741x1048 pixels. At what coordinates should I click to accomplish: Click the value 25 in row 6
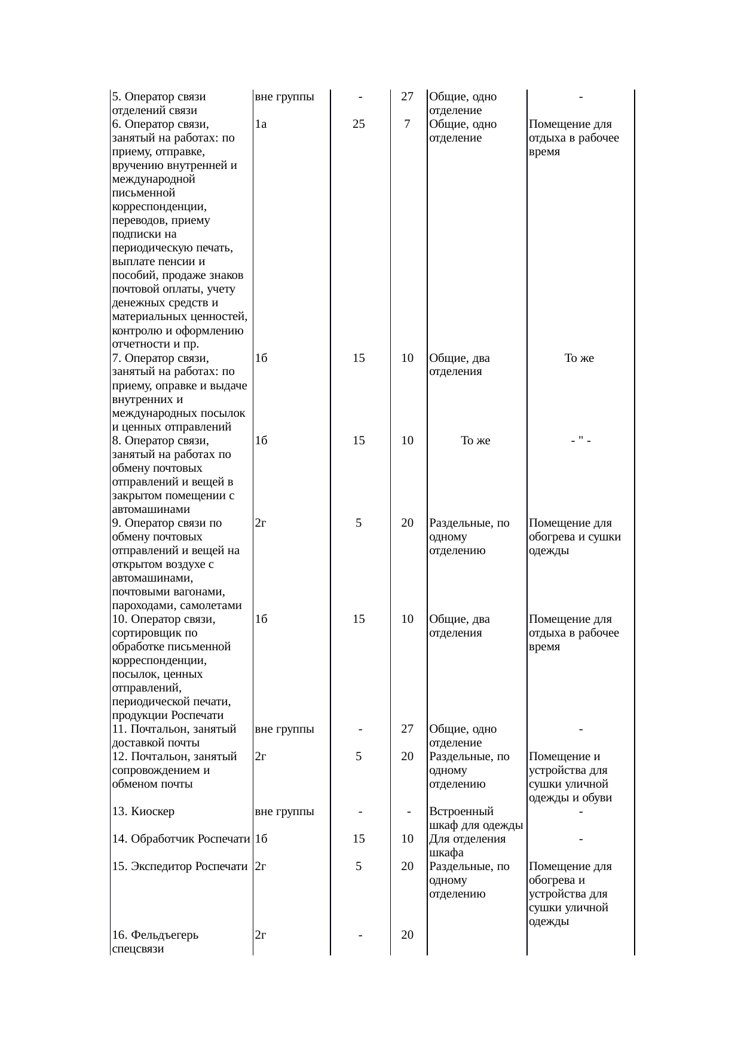click(x=359, y=124)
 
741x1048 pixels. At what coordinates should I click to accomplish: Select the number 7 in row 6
click(x=407, y=124)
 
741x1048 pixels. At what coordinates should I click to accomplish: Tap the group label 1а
click(x=260, y=124)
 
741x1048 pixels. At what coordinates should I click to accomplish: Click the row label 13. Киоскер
click(x=143, y=812)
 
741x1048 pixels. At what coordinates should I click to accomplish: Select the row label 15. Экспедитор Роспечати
click(x=179, y=866)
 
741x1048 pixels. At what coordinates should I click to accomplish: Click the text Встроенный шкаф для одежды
click(x=476, y=819)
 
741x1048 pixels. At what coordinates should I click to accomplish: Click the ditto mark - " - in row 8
click(x=581, y=441)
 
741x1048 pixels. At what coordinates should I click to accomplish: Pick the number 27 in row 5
click(x=407, y=97)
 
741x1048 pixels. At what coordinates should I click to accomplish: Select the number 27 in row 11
click(x=407, y=729)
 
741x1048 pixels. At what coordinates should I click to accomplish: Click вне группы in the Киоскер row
click(x=284, y=812)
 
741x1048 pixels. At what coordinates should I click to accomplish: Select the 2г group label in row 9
click(x=260, y=523)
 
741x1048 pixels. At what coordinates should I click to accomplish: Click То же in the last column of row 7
click(x=579, y=358)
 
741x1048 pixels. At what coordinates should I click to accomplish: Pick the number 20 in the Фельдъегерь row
click(x=407, y=935)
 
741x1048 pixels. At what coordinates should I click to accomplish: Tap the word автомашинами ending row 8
click(x=151, y=509)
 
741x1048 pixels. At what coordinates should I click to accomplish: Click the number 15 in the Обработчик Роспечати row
click(x=359, y=839)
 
